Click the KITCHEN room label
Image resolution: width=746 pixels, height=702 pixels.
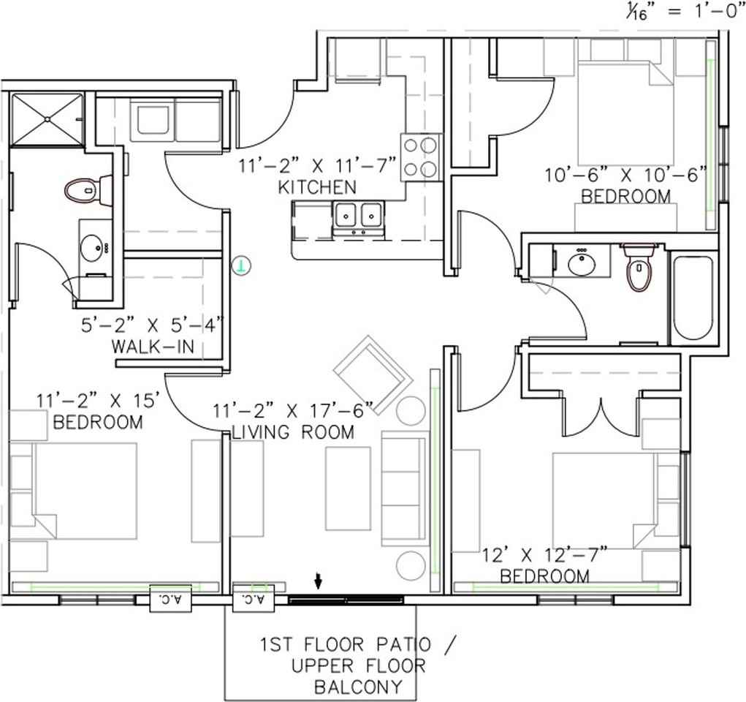(x=317, y=187)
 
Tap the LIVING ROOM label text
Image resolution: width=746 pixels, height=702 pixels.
(x=293, y=432)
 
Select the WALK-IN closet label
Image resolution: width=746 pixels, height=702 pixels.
(x=153, y=346)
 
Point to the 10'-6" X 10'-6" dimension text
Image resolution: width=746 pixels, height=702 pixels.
(x=626, y=175)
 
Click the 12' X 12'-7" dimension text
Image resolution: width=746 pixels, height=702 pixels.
(x=544, y=556)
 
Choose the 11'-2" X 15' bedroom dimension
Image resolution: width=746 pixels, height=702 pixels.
(x=99, y=401)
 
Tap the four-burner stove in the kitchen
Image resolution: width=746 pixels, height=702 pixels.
(x=421, y=156)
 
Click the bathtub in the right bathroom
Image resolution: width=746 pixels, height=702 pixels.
(x=693, y=298)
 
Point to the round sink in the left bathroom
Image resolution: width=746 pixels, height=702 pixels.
(x=93, y=247)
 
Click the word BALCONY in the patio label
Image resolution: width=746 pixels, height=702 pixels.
(x=358, y=687)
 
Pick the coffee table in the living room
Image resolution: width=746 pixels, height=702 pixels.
(x=348, y=488)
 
